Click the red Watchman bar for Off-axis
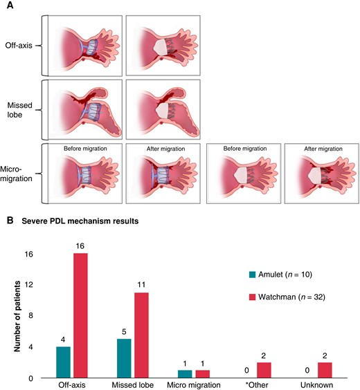click(80, 315)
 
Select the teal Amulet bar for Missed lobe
click(124, 358)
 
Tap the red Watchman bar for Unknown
click(325, 370)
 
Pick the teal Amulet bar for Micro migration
click(185, 374)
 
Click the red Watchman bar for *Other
click(264, 370)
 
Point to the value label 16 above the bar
click(80, 246)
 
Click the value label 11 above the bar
click(141, 284)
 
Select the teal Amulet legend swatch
click(252, 275)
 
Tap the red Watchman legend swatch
click(252, 297)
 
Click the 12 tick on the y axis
click(29, 284)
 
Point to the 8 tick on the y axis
click(30, 315)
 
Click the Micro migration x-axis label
click(194, 385)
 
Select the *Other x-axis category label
click(256, 385)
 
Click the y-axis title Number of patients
click(17, 317)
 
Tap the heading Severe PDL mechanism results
click(80, 221)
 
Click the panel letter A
click(10, 5)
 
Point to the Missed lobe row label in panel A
click(19, 110)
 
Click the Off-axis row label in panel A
click(19, 45)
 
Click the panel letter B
click(10, 221)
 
